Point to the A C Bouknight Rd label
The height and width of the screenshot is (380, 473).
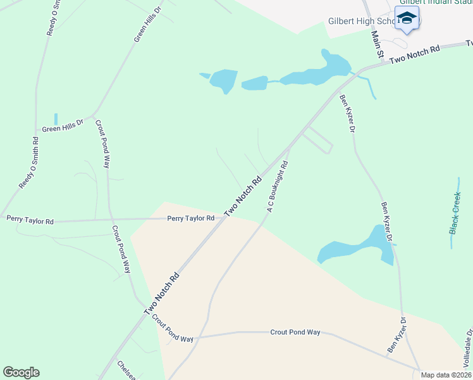[278, 186]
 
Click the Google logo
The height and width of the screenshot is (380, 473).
[21, 372]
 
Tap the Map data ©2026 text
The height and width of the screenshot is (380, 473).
[446, 375]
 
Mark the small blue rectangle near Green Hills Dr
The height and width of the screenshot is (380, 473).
[56, 118]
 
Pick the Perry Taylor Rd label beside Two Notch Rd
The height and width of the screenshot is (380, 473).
[190, 218]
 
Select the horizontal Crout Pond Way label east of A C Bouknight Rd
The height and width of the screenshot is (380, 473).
[295, 332]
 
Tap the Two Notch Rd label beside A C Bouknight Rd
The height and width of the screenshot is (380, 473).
[243, 195]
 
